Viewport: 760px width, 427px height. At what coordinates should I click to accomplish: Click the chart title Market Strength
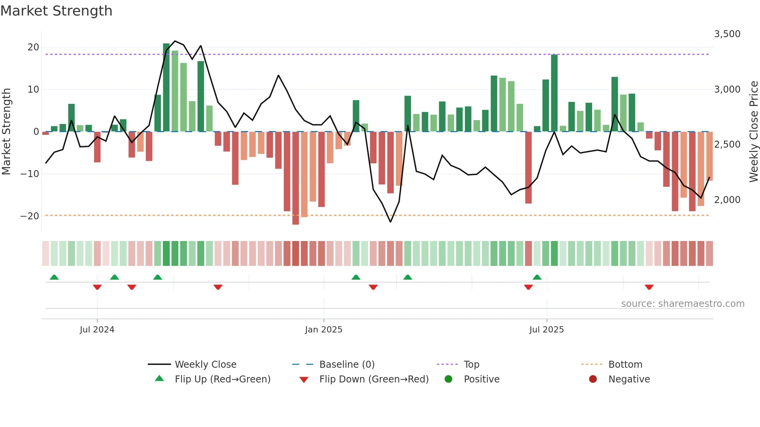pos(56,11)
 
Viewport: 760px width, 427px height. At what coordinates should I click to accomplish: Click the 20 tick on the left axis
pos(33,47)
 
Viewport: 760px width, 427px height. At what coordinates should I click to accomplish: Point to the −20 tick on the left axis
pos(30,216)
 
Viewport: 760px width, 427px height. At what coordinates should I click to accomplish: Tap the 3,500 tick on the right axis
pos(727,34)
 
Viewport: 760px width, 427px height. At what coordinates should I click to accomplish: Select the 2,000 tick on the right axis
pos(727,200)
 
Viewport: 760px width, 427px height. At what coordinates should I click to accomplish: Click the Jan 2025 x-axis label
pos(324,330)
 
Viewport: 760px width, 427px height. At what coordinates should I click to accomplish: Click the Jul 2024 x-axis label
pos(97,330)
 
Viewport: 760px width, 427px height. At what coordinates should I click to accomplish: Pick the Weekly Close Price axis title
pos(753,132)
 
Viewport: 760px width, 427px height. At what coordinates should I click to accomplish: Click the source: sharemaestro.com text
pos(682,304)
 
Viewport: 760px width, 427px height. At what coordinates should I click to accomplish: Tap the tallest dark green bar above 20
pos(166,87)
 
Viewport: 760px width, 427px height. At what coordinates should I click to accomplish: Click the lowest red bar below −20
pos(295,178)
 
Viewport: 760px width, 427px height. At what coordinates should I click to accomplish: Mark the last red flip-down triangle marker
pos(649,287)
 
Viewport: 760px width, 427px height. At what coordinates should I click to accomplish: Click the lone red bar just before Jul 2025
pos(528,167)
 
